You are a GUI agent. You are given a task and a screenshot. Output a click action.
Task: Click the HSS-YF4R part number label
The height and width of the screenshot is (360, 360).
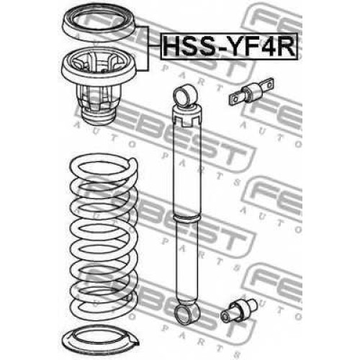pos(229,46)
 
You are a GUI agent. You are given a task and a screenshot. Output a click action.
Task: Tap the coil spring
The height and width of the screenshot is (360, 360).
pos(104,238)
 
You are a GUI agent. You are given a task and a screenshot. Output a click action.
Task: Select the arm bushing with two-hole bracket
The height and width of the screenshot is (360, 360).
pos(251,91)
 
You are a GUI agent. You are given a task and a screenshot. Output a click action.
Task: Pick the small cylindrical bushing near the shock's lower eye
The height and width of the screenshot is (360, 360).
pos(238,310)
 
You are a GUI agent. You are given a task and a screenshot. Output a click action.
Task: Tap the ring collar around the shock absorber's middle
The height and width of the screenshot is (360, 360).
pos(186,218)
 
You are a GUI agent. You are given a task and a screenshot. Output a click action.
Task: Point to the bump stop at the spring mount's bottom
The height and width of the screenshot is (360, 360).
pos(99,116)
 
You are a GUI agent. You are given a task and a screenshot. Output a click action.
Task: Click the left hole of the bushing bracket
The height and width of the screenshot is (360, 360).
pos(235,99)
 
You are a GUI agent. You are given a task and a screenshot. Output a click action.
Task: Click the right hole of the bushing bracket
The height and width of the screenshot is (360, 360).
pos(269,85)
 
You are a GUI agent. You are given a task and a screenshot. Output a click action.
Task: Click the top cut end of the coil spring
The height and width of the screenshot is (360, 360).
pos(132,162)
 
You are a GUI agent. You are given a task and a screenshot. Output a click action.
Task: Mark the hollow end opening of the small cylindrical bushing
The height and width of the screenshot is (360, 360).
pos(226,317)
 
